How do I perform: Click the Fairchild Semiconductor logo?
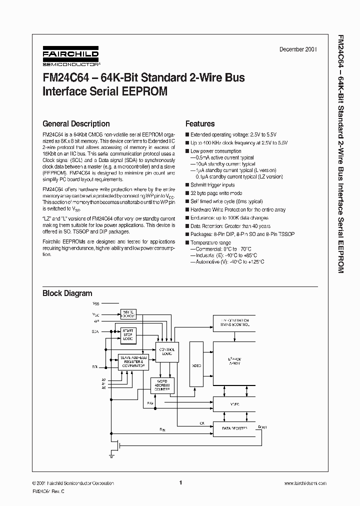click(70, 56)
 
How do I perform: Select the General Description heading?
click(76, 123)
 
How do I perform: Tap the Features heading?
click(200, 123)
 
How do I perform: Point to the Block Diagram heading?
click(67, 293)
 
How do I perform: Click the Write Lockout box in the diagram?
click(128, 314)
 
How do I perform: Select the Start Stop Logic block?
click(128, 335)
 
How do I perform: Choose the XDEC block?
click(196, 365)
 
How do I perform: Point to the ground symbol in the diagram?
click(110, 455)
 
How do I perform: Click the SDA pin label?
click(95, 331)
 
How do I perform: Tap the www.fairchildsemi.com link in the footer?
click(305, 483)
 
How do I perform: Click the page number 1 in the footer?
click(180, 482)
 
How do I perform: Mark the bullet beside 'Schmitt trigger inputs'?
click(187, 185)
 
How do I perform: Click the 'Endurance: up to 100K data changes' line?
click(229, 218)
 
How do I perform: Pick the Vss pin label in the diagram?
click(95, 303)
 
